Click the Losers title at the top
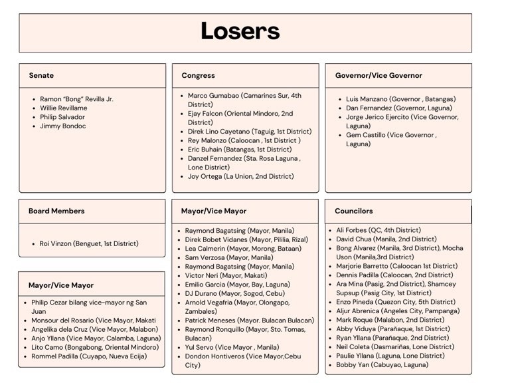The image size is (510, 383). (240, 31)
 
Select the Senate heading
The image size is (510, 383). (41, 75)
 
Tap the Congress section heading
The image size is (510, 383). (198, 75)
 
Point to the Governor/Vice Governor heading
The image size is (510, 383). (378, 75)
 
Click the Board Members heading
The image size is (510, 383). (56, 211)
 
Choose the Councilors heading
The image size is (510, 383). (353, 211)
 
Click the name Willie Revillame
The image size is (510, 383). (63, 108)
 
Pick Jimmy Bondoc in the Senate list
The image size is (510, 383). (62, 126)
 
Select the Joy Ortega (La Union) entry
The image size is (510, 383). (240, 176)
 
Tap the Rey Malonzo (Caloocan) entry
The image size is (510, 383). (244, 140)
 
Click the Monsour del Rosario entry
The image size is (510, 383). (94, 320)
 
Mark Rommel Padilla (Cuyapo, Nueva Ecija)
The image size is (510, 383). (88, 356)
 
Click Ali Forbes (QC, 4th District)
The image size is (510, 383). (378, 230)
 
